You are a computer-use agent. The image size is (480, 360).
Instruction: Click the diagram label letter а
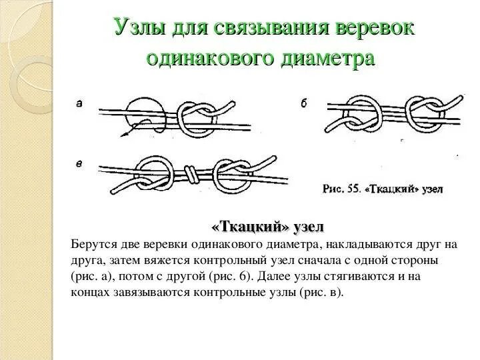(x=79, y=103)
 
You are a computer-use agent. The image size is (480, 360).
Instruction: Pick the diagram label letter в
(x=79, y=163)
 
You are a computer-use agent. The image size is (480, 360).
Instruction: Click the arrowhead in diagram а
(x=123, y=135)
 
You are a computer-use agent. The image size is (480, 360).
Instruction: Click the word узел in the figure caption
(x=430, y=189)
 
